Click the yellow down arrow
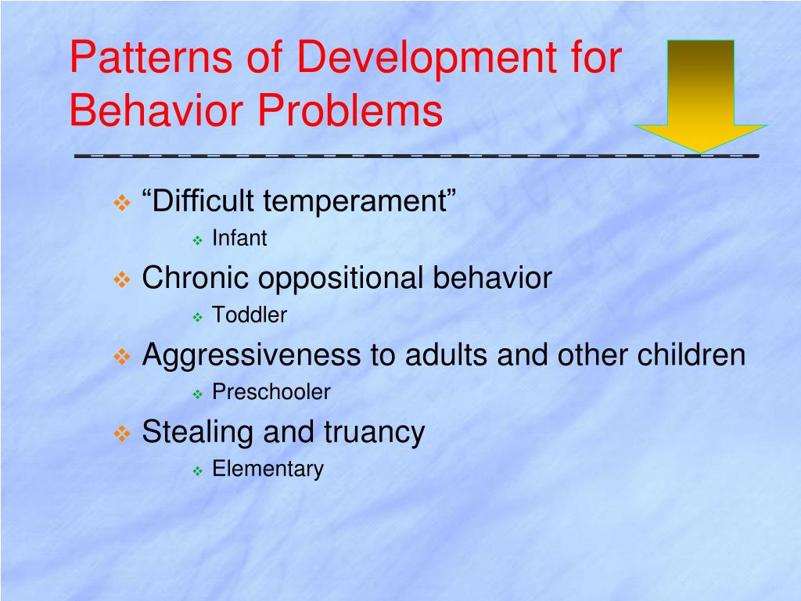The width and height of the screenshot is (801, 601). click(700, 96)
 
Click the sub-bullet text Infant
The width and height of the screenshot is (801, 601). click(239, 238)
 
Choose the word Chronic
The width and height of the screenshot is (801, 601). click(195, 278)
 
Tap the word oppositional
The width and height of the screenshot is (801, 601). click(340, 279)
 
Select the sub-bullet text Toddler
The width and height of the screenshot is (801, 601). click(250, 315)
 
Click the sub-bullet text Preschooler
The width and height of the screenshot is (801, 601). click(271, 392)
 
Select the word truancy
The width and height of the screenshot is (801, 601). click(374, 434)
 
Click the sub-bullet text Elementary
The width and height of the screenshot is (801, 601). click(268, 470)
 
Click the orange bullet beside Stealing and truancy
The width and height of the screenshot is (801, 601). click(122, 434)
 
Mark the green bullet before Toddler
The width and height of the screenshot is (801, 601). click(198, 318)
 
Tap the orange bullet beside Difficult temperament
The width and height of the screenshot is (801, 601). click(122, 203)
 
